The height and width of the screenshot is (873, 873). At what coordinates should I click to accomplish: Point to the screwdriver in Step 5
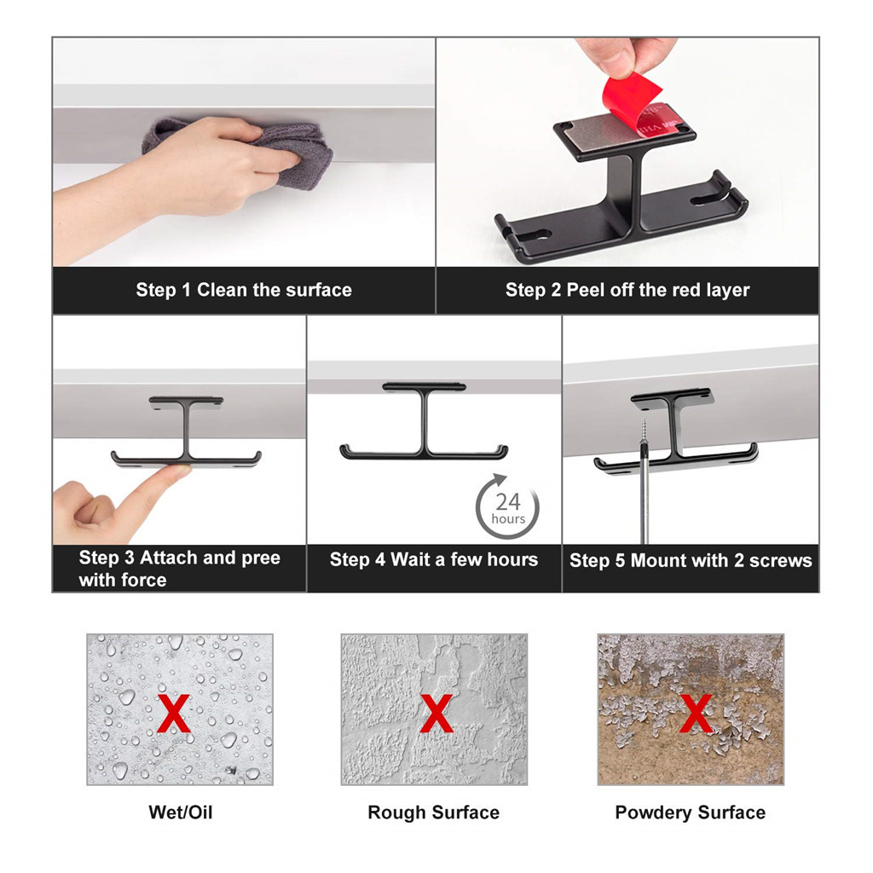tap(645, 482)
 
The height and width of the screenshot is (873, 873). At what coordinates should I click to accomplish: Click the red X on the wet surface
tap(174, 713)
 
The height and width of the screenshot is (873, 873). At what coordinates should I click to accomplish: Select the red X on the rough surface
tap(436, 713)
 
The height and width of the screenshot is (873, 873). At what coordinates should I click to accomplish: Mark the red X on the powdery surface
tap(696, 713)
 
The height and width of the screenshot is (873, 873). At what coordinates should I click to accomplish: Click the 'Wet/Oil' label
tap(181, 812)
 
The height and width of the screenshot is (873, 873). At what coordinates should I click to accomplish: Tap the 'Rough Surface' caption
tap(434, 812)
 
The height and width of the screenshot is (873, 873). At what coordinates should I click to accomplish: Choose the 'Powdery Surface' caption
tap(690, 812)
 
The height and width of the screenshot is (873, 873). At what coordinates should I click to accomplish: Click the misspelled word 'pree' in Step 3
tap(261, 558)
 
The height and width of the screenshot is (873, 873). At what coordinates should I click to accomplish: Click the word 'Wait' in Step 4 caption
tap(410, 559)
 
